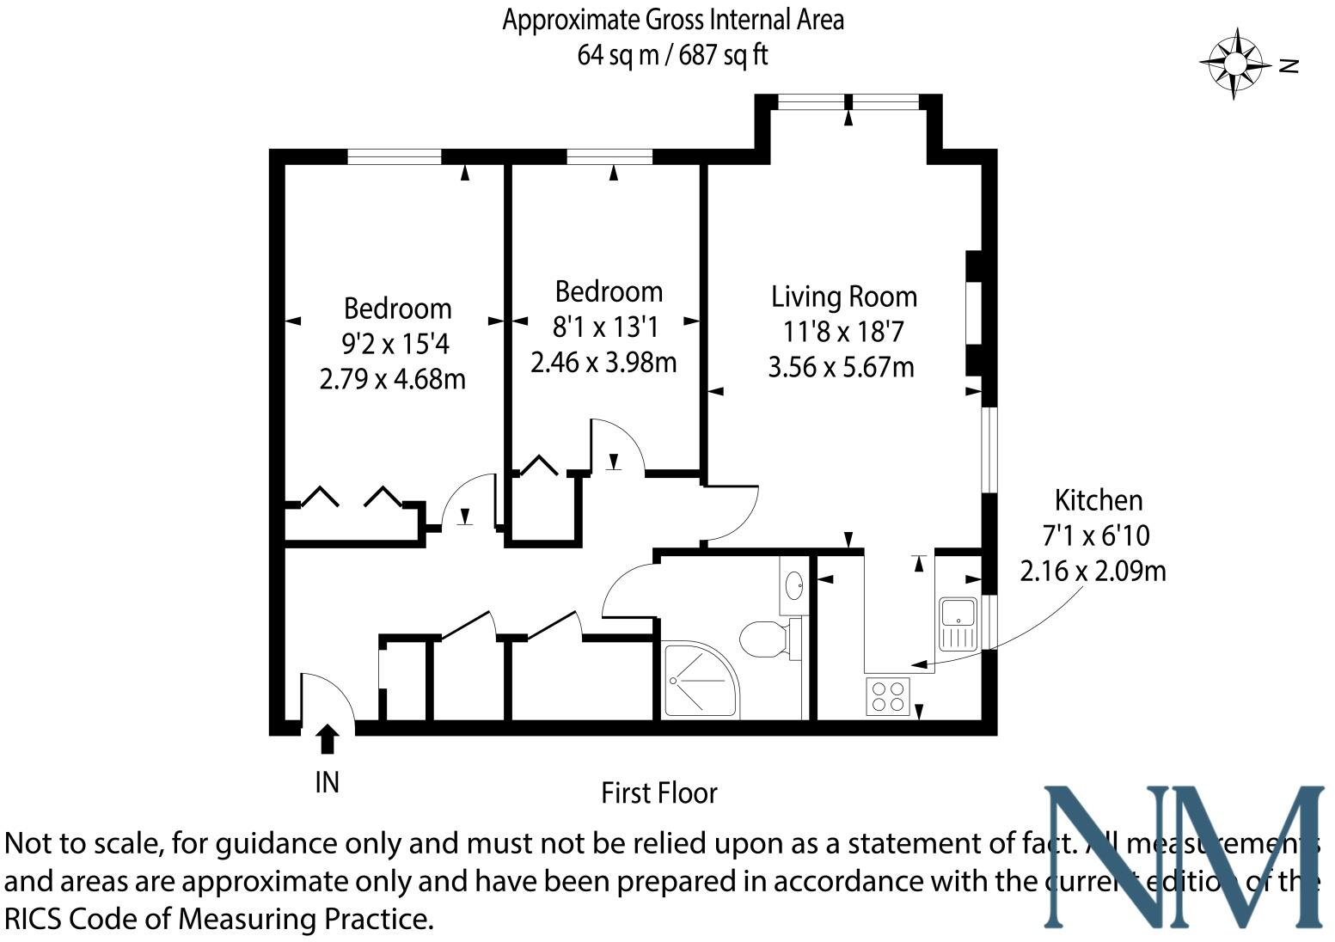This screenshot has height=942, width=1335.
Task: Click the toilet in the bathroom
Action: (764, 639)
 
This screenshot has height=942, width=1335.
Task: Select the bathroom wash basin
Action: (793, 586)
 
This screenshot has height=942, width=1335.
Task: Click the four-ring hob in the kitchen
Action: (888, 695)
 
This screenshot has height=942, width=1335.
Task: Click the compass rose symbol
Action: (1235, 64)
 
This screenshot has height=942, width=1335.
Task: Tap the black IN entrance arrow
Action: (328, 739)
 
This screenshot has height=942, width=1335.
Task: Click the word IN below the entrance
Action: (328, 782)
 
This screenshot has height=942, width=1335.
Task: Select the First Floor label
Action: (658, 792)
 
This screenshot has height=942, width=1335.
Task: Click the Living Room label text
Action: (843, 297)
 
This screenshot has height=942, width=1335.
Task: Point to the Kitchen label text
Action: (1098, 500)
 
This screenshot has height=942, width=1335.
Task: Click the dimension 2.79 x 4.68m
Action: (392, 379)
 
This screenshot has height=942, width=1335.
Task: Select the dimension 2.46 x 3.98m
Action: (603, 362)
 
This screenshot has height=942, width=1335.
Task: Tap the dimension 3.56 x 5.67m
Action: (841, 367)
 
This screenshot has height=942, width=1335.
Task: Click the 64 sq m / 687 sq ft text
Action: (672, 55)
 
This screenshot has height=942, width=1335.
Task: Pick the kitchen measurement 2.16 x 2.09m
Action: (1093, 570)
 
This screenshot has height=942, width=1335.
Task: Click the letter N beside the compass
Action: (1288, 65)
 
